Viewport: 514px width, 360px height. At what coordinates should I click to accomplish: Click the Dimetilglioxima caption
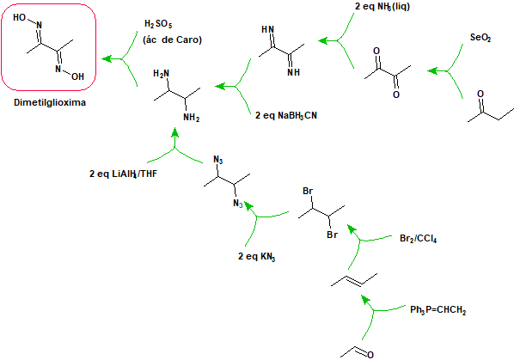(50, 102)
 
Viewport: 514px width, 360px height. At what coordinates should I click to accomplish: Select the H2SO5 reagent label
(158, 24)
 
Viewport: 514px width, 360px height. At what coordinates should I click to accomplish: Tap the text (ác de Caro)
(172, 40)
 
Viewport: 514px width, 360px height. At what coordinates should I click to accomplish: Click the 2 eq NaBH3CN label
(286, 116)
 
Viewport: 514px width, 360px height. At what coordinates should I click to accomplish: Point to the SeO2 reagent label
(480, 37)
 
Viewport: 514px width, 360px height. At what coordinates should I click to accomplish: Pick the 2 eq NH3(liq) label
(382, 7)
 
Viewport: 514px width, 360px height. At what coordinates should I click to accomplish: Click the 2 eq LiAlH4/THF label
(123, 174)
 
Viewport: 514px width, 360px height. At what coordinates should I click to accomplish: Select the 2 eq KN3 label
(257, 256)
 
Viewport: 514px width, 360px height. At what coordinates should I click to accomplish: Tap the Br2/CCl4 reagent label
(419, 239)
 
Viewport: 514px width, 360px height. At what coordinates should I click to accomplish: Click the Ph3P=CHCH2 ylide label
(438, 310)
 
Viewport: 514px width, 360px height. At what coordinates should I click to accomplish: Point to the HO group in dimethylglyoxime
(19, 17)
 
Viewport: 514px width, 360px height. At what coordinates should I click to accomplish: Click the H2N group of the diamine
(161, 74)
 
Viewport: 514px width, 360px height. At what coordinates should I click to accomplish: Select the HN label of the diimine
(267, 29)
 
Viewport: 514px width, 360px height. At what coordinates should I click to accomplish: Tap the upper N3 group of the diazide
(218, 160)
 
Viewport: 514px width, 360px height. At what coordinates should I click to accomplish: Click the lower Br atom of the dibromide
(332, 235)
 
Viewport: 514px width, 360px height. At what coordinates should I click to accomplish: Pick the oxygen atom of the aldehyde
(370, 355)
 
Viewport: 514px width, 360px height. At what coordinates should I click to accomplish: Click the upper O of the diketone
(376, 51)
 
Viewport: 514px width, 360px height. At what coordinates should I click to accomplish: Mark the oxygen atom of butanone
(480, 94)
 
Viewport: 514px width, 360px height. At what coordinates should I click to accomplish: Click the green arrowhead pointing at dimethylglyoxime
(107, 59)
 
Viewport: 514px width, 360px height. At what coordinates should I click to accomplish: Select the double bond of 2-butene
(354, 280)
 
